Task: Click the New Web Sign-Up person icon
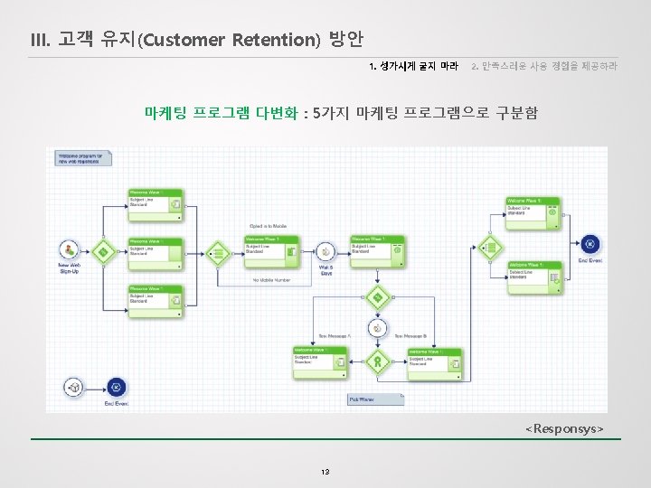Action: point(69,249)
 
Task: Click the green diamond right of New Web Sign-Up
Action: point(104,250)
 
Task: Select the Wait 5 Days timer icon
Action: point(324,250)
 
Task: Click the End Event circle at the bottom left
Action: point(115,387)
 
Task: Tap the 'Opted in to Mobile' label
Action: point(268,226)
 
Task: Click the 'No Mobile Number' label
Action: point(270,280)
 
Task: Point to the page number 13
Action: point(325,472)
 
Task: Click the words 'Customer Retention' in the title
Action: point(231,40)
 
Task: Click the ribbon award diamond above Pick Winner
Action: point(378,362)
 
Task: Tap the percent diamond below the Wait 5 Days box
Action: point(378,296)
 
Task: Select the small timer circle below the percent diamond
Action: point(378,329)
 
